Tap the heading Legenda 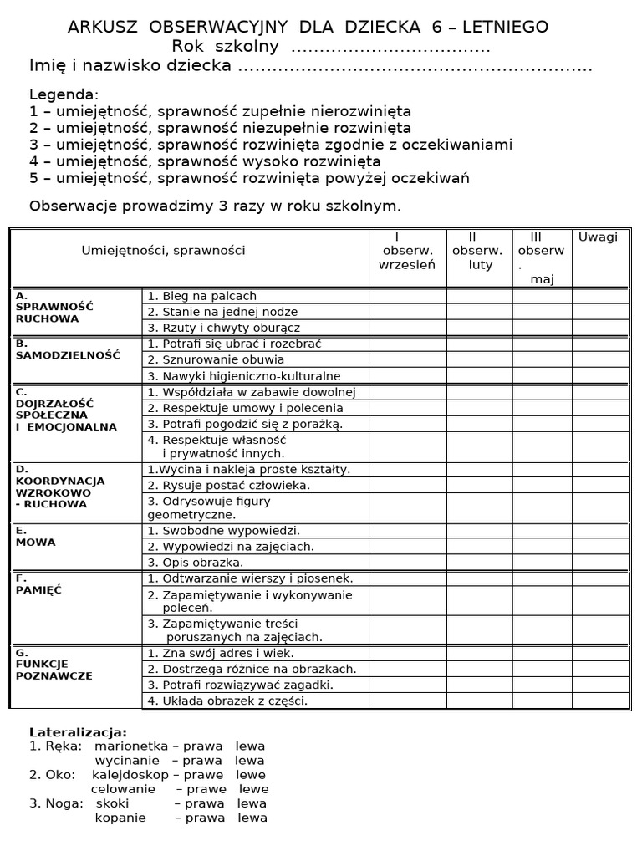click(x=64, y=94)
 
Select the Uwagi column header click(x=598, y=237)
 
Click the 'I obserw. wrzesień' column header click(x=407, y=251)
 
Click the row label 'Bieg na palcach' click(x=201, y=296)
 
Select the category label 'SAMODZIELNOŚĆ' click(x=68, y=355)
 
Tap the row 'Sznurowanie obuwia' click(x=216, y=359)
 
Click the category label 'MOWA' click(x=36, y=542)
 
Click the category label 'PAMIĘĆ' click(x=39, y=589)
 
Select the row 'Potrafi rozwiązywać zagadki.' click(x=240, y=685)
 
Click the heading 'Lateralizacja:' click(x=79, y=731)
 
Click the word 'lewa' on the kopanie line click(x=252, y=818)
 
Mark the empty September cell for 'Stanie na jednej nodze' click(x=407, y=312)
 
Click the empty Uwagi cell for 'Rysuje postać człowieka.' click(x=598, y=485)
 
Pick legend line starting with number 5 click(x=249, y=178)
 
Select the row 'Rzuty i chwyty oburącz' click(x=223, y=328)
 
